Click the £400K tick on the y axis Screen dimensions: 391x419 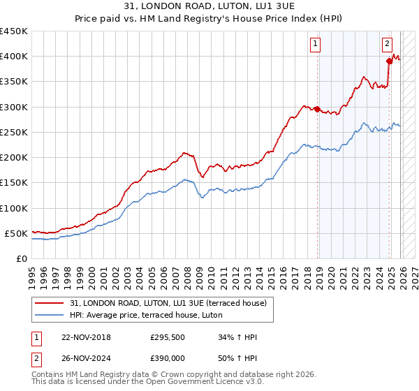(x=13, y=57)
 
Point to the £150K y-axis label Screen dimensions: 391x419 (x=13, y=183)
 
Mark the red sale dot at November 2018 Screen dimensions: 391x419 (x=318, y=109)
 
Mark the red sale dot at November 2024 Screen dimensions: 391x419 (x=390, y=61)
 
